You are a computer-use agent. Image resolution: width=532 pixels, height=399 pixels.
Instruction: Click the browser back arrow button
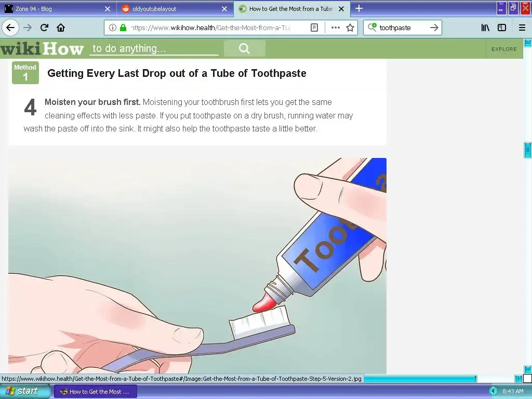pyautogui.click(x=10, y=28)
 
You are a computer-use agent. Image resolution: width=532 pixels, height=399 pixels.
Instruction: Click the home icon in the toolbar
pyautogui.click(x=61, y=28)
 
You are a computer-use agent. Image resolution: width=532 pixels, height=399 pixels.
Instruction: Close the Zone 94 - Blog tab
pyautogui.click(x=108, y=9)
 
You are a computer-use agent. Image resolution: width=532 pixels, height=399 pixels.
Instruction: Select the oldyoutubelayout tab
pyautogui.click(x=154, y=9)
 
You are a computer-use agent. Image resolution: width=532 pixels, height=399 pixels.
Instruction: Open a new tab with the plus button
pyautogui.click(x=358, y=8)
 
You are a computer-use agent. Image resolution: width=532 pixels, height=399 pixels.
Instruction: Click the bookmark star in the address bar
pyautogui.click(x=350, y=28)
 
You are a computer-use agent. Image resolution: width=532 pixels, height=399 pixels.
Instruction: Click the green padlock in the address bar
pyautogui.click(x=123, y=28)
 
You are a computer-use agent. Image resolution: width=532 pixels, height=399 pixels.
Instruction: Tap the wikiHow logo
pyautogui.click(x=42, y=48)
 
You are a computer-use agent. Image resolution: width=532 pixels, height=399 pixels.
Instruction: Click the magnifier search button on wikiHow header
pyautogui.click(x=244, y=48)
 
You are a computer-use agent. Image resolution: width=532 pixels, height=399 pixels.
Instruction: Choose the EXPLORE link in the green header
pyautogui.click(x=504, y=49)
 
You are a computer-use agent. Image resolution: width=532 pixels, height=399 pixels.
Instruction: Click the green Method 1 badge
pyautogui.click(x=25, y=73)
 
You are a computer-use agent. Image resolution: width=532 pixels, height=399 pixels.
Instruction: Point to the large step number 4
pyautogui.click(x=30, y=107)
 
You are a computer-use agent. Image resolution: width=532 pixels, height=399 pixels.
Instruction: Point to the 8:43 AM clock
pyautogui.click(x=513, y=391)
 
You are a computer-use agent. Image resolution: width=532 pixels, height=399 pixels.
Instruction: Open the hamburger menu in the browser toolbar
pyautogui.click(x=522, y=28)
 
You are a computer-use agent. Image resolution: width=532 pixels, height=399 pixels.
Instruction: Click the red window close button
pyautogui.click(x=526, y=8)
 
